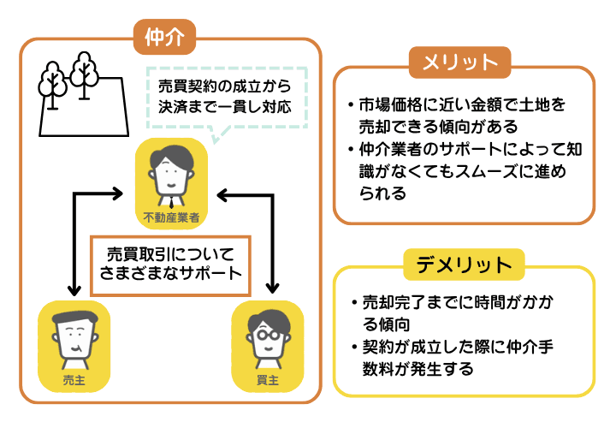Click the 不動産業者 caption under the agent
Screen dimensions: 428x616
point(171,218)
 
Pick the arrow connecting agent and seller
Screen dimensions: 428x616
point(77,240)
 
